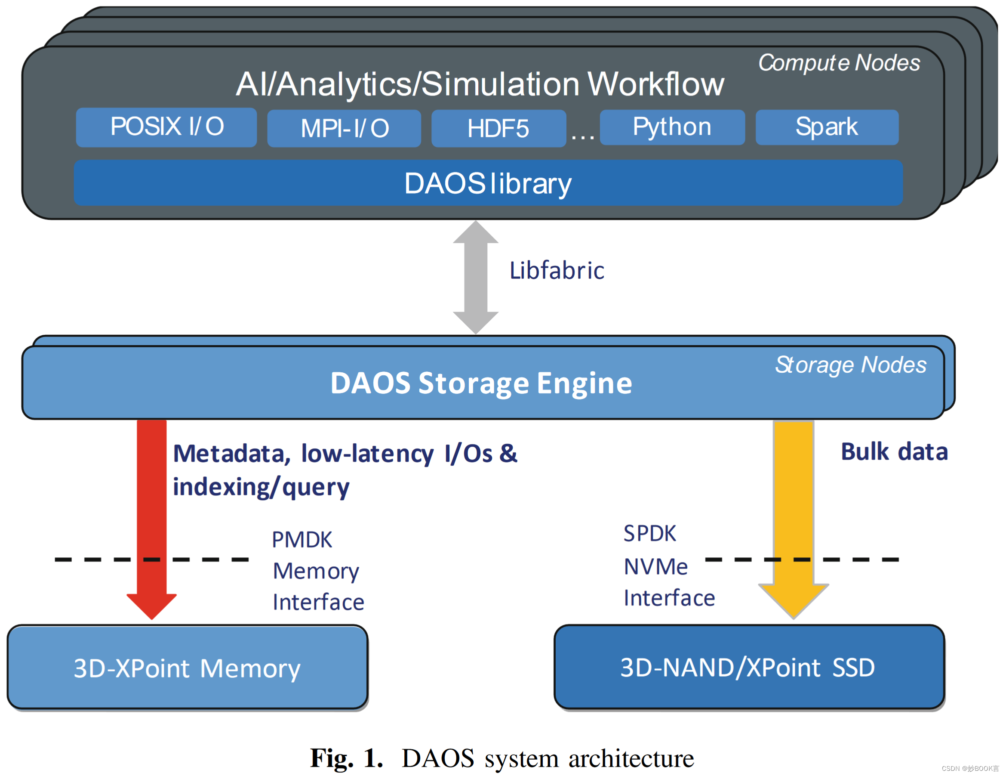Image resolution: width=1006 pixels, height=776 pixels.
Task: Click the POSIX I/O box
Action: [166, 127]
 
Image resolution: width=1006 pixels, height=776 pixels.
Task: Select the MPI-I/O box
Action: [344, 128]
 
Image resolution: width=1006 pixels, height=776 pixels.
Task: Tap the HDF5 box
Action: [498, 128]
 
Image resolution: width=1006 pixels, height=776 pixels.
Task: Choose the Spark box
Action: [826, 127]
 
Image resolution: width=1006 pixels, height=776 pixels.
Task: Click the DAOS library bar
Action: [487, 183]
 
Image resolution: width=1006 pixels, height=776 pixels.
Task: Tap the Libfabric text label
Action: [557, 270]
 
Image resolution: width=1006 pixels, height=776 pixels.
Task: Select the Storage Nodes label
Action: [850, 365]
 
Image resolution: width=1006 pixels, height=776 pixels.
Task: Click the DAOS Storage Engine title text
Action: [481, 383]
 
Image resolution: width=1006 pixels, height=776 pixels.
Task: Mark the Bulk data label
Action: [894, 451]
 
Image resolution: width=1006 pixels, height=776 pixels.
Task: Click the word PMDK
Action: [301, 540]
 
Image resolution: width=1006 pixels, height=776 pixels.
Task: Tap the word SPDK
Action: [649, 533]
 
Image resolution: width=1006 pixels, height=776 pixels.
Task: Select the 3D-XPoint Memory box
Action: [187, 667]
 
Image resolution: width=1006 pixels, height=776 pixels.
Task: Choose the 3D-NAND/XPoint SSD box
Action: [749, 667]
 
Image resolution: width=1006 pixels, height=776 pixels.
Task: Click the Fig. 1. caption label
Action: [346, 758]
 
